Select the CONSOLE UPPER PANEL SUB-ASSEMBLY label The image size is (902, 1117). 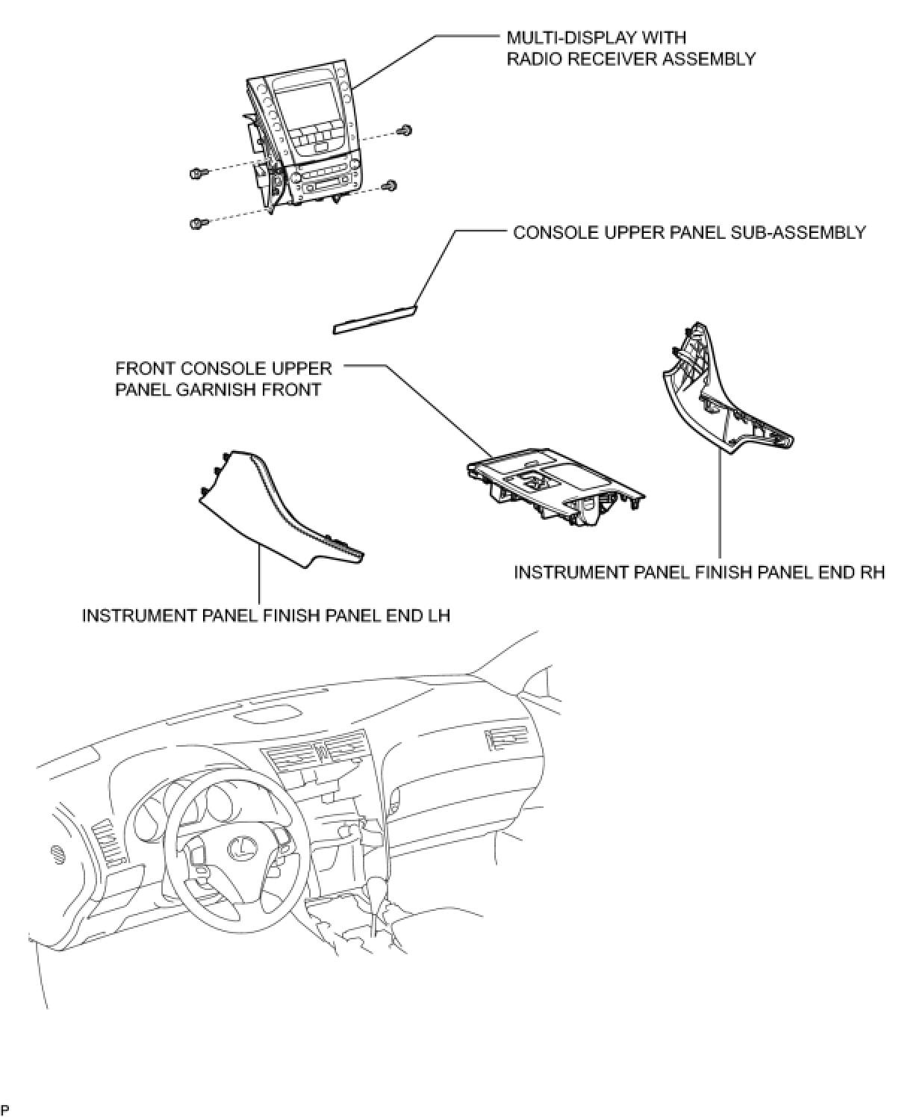coord(689,232)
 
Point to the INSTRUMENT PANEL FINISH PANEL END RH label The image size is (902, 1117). coord(699,573)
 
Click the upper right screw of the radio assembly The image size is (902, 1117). coord(406,131)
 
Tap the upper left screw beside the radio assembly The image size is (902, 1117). coord(197,174)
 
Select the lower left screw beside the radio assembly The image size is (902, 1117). coord(197,223)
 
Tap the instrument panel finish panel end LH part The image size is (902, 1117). coord(276,508)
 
